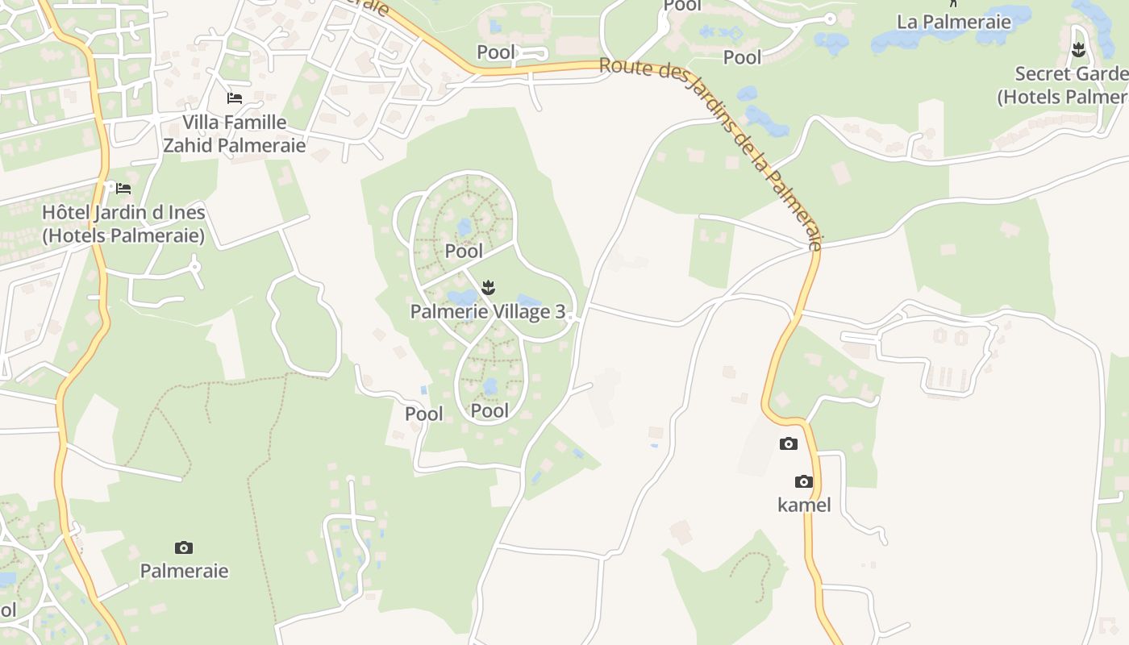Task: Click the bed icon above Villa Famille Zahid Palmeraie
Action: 235,98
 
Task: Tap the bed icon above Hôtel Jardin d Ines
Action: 123,189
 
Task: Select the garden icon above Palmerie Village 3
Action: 488,288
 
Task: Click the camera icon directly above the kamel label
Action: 803,482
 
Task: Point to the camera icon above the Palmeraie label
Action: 184,548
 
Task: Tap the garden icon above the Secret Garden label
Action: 1078,52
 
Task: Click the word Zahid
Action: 188,146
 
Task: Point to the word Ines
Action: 185,214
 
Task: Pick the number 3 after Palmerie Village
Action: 560,312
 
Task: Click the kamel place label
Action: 804,506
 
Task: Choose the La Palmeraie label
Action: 953,22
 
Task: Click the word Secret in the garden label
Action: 1042,74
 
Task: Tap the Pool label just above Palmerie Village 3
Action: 464,252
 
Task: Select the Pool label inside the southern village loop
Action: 490,411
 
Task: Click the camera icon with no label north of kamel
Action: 789,444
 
